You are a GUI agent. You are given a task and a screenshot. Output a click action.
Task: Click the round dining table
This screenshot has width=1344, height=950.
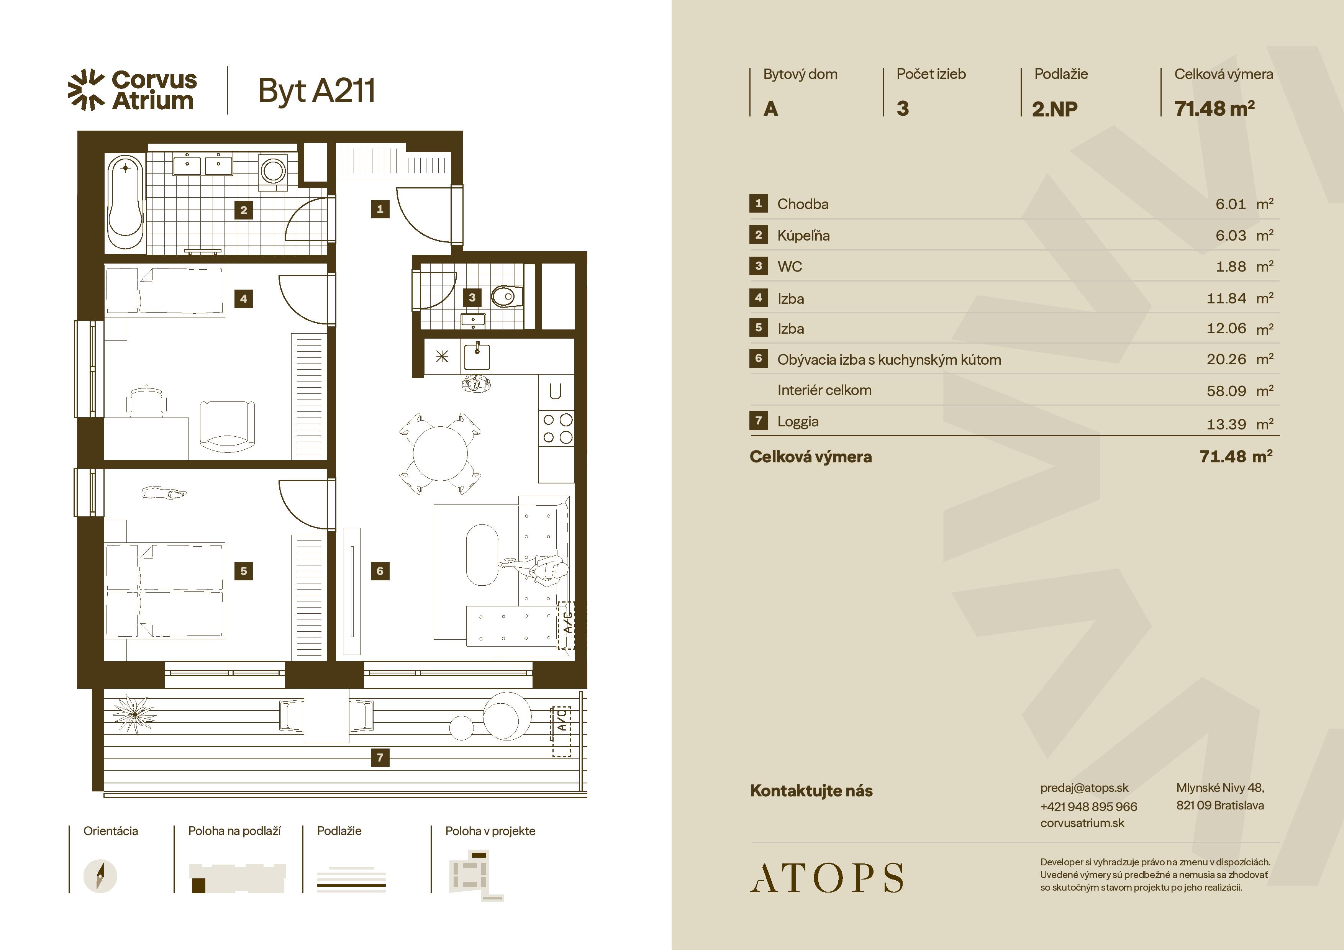tap(440, 454)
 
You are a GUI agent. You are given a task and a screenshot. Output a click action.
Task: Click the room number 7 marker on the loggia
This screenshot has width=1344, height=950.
tap(380, 757)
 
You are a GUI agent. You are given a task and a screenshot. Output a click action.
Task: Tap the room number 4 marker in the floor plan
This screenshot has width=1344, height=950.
tap(244, 298)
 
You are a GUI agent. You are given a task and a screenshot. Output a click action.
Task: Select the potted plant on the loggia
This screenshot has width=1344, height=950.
tap(134, 714)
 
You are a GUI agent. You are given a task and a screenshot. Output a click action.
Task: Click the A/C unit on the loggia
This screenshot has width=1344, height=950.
tap(561, 731)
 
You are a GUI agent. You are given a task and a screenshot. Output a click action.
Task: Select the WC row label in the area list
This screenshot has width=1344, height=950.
tap(790, 267)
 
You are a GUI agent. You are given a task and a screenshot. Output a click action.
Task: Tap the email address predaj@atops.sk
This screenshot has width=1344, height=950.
tap(1084, 788)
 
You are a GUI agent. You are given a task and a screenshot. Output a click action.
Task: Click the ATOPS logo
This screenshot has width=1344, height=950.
tap(826, 878)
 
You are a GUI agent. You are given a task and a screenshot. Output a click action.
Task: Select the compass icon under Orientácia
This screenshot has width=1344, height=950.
tap(100, 876)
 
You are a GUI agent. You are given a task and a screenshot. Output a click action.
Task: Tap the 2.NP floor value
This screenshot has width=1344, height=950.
tap(1055, 109)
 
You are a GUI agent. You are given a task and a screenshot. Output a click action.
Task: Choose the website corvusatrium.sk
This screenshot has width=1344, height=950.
tap(1082, 823)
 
